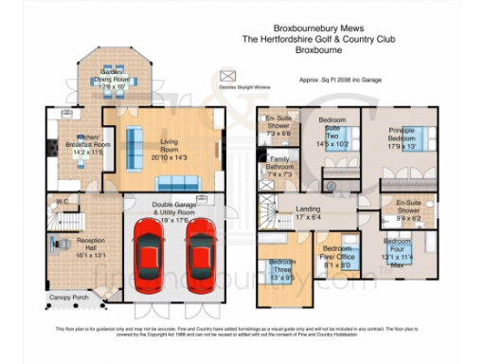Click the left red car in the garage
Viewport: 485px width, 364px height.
click(x=150, y=255)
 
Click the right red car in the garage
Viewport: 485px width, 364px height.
click(x=201, y=255)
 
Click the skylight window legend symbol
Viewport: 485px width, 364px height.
click(x=226, y=74)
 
